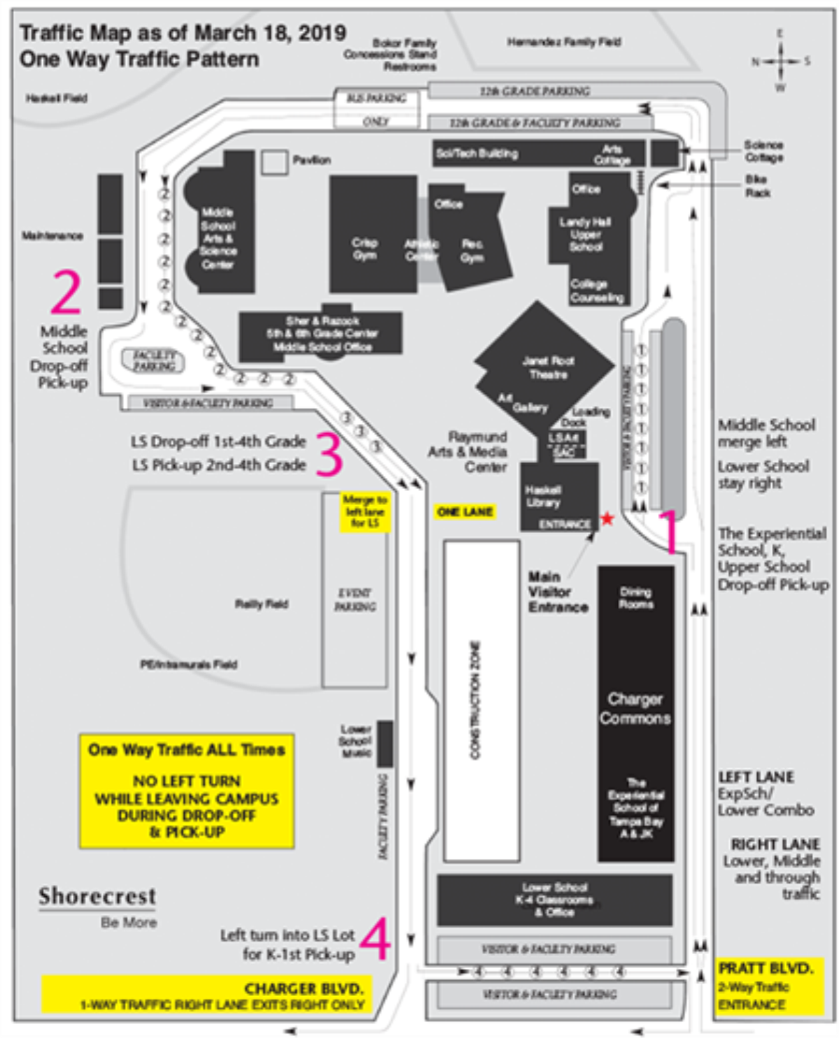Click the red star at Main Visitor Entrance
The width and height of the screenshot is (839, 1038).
(607, 519)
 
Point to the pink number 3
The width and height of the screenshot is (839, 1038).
(329, 454)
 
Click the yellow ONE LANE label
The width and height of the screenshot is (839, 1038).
(465, 512)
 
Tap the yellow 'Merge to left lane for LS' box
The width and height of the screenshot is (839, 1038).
(364, 511)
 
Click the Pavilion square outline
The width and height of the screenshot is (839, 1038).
(274, 162)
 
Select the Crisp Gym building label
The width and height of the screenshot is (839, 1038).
(364, 249)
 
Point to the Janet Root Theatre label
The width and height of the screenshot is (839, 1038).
(548, 367)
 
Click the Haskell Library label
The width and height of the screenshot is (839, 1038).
(543, 496)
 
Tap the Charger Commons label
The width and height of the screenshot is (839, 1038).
(635, 708)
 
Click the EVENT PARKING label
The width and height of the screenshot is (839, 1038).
(354, 599)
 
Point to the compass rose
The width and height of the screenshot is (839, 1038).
(780, 61)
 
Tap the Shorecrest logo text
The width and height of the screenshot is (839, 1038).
(97, 896)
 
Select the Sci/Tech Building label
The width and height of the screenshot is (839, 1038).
(477, 154)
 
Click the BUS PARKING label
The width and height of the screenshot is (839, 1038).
(376, 98)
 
